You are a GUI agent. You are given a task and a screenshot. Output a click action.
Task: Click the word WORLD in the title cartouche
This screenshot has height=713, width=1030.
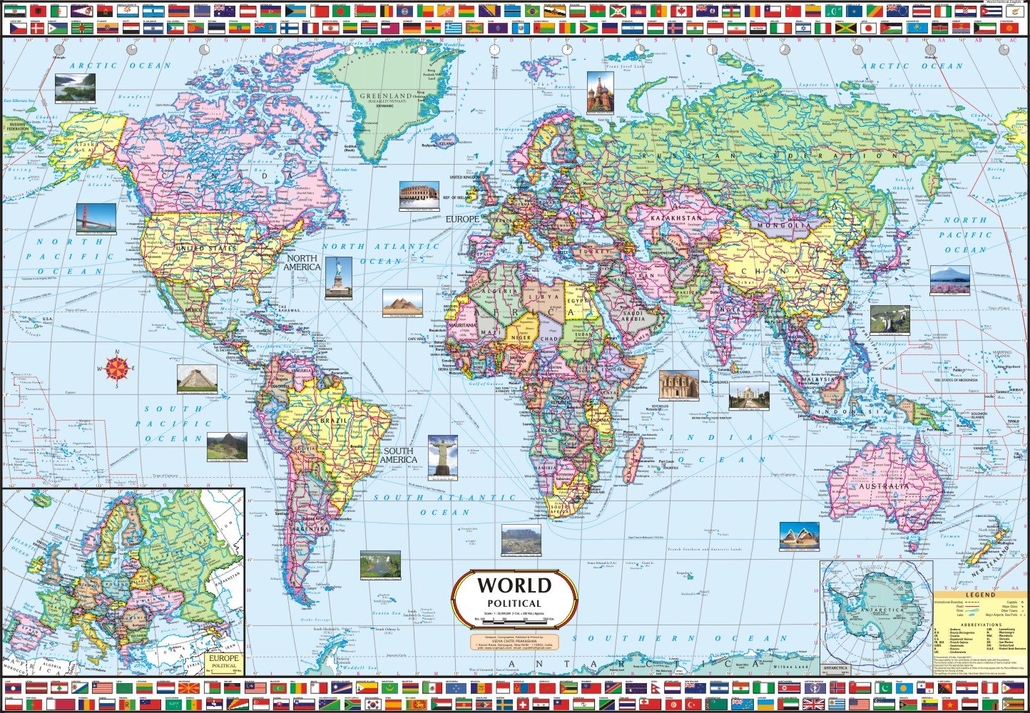[x=514, y=586]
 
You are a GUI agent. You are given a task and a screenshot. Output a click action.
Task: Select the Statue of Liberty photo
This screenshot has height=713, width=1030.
[x=338, y=278]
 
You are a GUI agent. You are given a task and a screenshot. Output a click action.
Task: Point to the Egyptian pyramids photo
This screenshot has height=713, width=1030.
[x=402, y=303]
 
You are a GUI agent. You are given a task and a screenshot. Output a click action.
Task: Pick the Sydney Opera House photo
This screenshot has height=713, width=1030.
[x=799, y=536]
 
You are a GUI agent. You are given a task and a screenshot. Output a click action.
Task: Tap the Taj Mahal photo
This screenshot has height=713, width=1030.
[x=749, y=396]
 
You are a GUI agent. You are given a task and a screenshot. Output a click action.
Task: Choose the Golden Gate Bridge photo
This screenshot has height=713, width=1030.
[x=96, y=219]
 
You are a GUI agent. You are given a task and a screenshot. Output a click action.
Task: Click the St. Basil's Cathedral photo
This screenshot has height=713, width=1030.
[x=600, y=92]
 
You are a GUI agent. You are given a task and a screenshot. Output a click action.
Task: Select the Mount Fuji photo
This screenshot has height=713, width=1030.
[x=949, y=280]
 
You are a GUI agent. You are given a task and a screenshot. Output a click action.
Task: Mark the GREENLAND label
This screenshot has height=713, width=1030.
[x=386, y=96]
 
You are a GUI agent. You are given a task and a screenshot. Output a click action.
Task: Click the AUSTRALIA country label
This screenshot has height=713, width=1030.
[x=883, y=486]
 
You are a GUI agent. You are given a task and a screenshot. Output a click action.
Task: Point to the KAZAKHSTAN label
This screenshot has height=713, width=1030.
[x=675, y=217]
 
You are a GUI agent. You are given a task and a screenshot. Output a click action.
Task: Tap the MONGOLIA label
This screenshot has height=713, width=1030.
[x=780, y=226]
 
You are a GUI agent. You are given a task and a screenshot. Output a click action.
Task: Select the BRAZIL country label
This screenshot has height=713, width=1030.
[x=333, y=421]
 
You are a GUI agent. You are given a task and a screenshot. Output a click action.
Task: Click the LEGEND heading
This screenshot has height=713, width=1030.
[x=980, y=595]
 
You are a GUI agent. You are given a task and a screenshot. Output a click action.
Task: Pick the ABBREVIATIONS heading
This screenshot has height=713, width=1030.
[x=980, y=625]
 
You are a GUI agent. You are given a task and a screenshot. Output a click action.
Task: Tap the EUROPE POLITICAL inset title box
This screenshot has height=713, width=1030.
[x=224, y=661]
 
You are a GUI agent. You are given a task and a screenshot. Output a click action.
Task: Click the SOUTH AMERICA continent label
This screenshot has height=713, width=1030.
[x=398, y=456]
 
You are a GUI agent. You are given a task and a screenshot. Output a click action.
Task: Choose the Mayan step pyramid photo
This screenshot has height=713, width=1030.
[x=197, y=379]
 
